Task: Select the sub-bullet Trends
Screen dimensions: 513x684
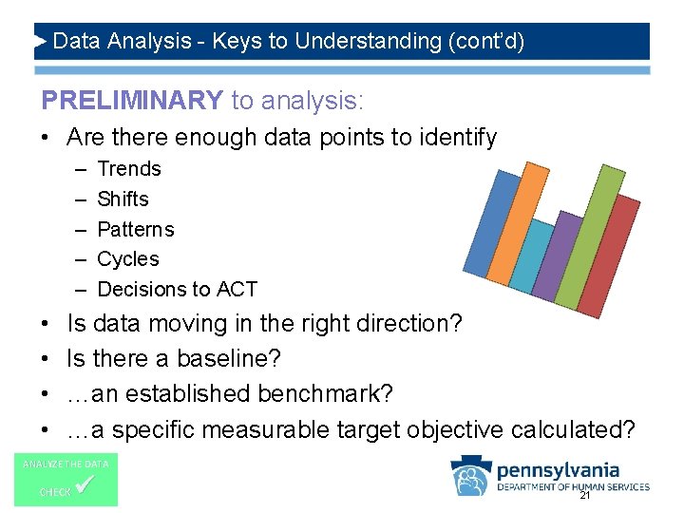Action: coord(129,169)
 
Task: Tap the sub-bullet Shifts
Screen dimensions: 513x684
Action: coord(123,199)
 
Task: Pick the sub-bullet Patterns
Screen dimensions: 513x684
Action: coord(136,230)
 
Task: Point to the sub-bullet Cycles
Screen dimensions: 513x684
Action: coord(128,259)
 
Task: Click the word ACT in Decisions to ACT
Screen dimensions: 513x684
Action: coord(237,290)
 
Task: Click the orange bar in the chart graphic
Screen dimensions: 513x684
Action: coord(512,228)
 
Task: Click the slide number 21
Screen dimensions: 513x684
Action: coord(584,495)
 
